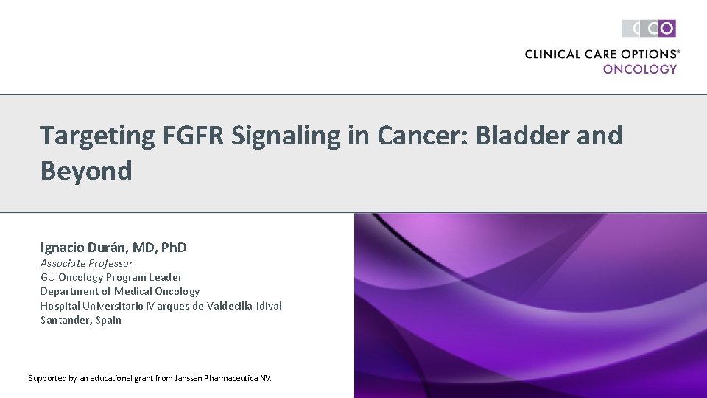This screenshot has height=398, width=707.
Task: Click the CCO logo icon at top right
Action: tap(649, 29)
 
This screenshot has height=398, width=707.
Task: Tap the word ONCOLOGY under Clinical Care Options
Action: tap(639, 69)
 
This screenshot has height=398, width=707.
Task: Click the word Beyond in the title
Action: tap(86, 171)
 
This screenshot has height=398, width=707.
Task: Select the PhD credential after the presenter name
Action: tap(171, 248)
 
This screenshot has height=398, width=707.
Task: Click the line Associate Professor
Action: tap(87, 263)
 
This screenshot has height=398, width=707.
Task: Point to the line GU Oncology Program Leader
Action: tap(111, 277)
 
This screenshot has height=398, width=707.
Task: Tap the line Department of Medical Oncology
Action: tap(120, 291)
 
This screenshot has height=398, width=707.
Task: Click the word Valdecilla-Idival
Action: tap(245, 306)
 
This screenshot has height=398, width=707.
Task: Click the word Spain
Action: tap(108, 320)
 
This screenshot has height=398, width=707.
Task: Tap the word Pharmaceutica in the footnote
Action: tap(230, 378)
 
